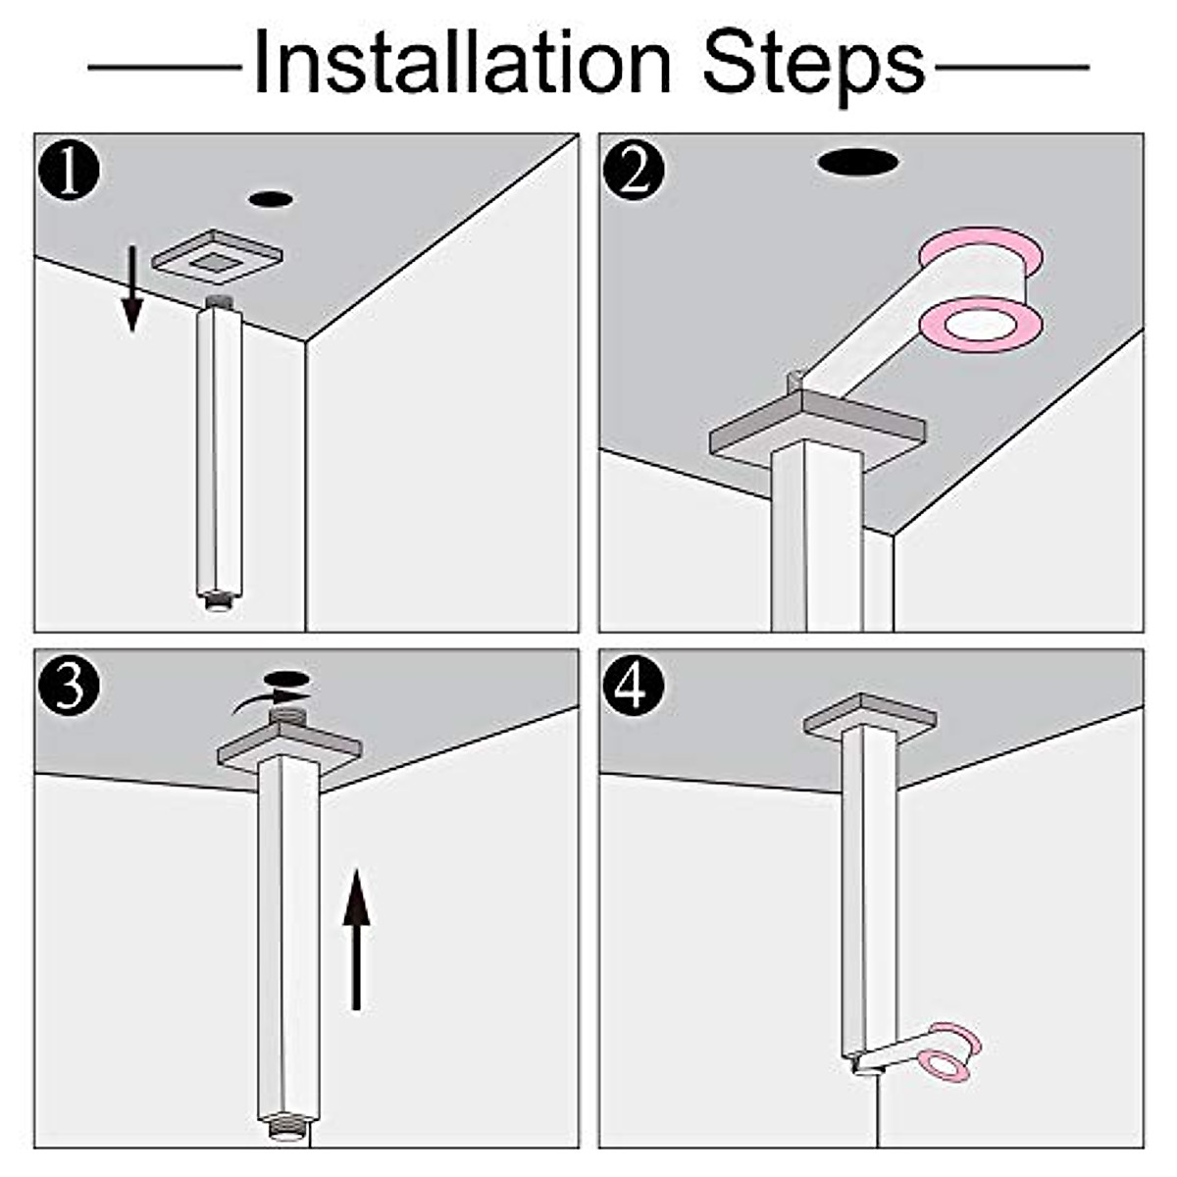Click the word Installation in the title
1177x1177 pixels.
tap(461, 64)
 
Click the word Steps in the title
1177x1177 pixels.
tap(813, 64)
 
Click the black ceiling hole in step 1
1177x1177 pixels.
tap(271, 199)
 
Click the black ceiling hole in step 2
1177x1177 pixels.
tap(858, 163)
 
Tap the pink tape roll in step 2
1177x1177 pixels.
tap(981, 294)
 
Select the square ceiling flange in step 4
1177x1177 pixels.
tap(868, 716)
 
